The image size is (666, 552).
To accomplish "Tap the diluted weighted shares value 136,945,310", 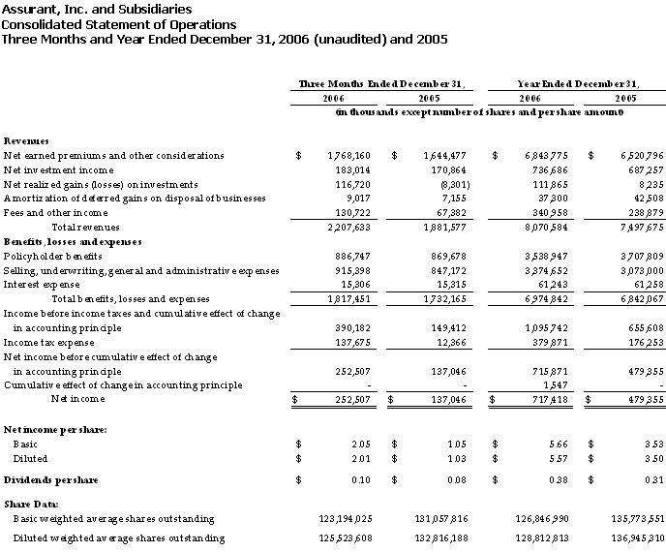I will point(631,537).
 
